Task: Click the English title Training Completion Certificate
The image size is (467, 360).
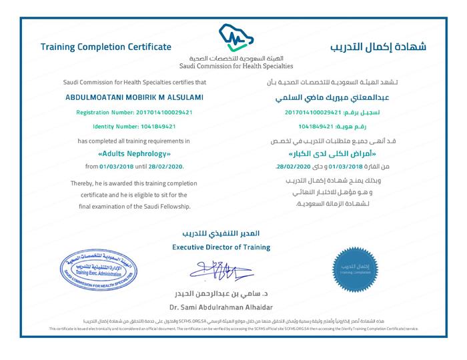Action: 106,47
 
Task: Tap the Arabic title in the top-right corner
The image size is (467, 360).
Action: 378,47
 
